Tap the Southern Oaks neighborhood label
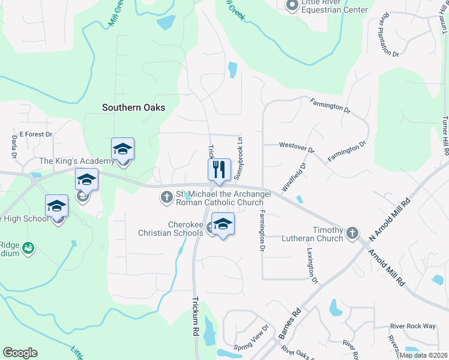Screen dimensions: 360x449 click(x=133, y=108)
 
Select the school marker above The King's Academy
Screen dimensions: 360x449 click(x=123, y=149)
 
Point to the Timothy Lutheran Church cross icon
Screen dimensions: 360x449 click(x=352, y=232)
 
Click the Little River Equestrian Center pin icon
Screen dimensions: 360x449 click(x=292, y=6)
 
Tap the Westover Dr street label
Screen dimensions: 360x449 click(x=297, y=145)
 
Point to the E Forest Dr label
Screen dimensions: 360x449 click(x=36, y=134)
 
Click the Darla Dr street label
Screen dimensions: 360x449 click(x=14, y=146)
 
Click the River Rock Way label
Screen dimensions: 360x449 click(x=412, y=326)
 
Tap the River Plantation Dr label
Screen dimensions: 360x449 click(x=387, y=37)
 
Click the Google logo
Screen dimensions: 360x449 click(x=20, y=353)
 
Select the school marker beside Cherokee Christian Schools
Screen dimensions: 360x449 click(x=223, y=224)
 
